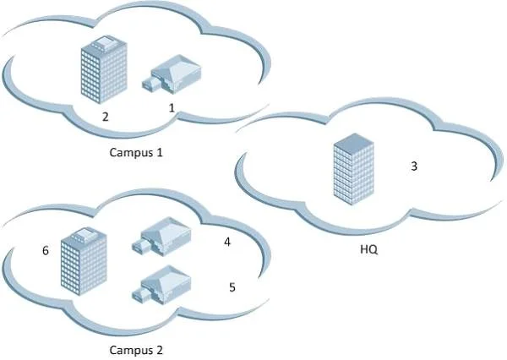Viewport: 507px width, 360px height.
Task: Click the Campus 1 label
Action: pyautogui.click(x=136, y=152)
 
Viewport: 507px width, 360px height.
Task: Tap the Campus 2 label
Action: pyautogui.click(x=136, y=350)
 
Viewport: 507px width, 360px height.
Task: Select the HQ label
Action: pyautogui.click(x=369, y=249)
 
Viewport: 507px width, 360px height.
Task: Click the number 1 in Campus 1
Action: pyautogui.click(x=172, y=107)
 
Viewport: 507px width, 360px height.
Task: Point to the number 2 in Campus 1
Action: pyautogui.click(x=105, y=117)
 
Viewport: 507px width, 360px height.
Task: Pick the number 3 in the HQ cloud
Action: pyautogui.click(x=414, y=166)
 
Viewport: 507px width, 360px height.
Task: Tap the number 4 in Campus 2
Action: pyautogui.click(x=227, y=242)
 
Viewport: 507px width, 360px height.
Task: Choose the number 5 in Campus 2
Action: pyautogui.click(x=232, y=287)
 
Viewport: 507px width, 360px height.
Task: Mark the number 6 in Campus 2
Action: pyautogui.click(x=46, y=250)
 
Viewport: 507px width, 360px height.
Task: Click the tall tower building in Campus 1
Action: pyautogui.click(x=103, y=69)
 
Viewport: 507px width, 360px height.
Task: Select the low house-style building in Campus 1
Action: pyautogui.click(x=172, y=74)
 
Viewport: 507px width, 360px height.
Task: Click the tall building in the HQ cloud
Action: pyautogui.click(x=354, y=169)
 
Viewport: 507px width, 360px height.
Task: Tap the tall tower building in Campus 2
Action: pyautogui.click(x=84, y=260)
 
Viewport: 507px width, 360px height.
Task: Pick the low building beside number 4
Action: pyautogui.click(x=161, y=237)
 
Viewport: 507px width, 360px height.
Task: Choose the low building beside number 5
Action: pyautogui.click(x=161, y=285)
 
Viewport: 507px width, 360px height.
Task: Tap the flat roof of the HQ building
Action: pyautogui.click(x=354, y=141)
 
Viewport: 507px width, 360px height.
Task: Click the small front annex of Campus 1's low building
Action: pyautogui.click(x=151, y=84)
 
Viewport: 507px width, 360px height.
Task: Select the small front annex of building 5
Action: pyautogui.click(x=141, y=294)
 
